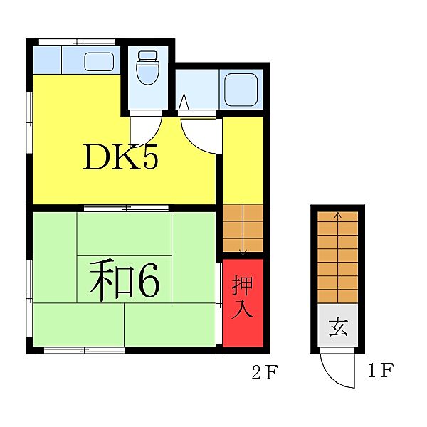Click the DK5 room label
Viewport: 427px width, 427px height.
pos(120,157)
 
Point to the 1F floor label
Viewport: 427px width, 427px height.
pos(381,371)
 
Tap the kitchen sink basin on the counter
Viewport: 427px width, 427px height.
pos(98,61)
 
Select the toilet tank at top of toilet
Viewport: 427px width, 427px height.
pos(147,54)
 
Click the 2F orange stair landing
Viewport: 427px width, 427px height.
pos(243,228)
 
